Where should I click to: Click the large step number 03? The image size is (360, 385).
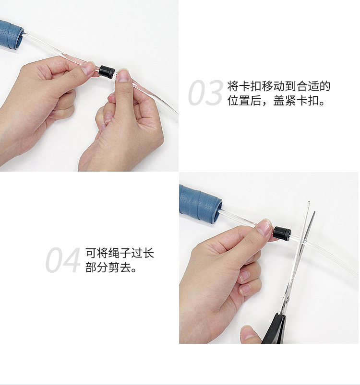tap(205, 93)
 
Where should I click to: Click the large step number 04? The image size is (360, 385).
tap(63, 260)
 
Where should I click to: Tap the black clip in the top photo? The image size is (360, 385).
tap(107, 71)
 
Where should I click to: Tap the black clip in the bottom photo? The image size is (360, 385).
tap(282, 233)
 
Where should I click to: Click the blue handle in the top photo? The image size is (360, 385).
tap(11, 35)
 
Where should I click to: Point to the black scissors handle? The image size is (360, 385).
tap(275, 328)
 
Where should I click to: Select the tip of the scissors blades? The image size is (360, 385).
tap(309, 202)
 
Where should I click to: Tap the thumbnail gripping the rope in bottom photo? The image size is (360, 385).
tap(264, 227)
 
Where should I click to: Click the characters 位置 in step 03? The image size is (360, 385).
tap(239, 100)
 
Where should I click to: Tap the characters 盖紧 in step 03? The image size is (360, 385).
tap(285, 100)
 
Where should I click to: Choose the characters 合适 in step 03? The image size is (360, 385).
tap(308, 86)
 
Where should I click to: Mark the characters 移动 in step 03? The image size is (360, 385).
tap(273, 86)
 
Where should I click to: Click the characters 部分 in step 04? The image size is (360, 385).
tap(96, 267)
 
